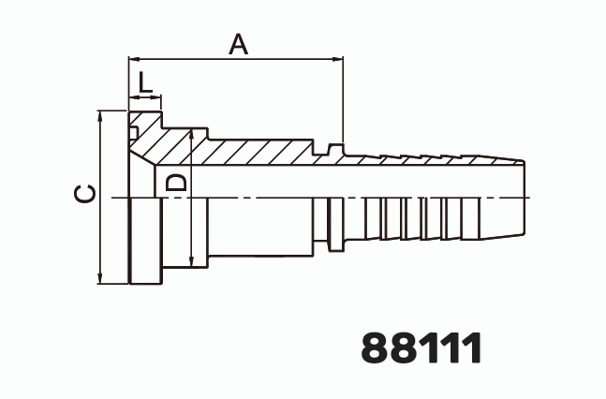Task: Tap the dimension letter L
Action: tap(144, 83)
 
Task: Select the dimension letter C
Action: tap(84, 194)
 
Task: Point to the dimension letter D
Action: tap(175, 182)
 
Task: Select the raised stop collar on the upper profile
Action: tap(334, 148)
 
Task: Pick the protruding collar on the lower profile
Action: tap(334, 246)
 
